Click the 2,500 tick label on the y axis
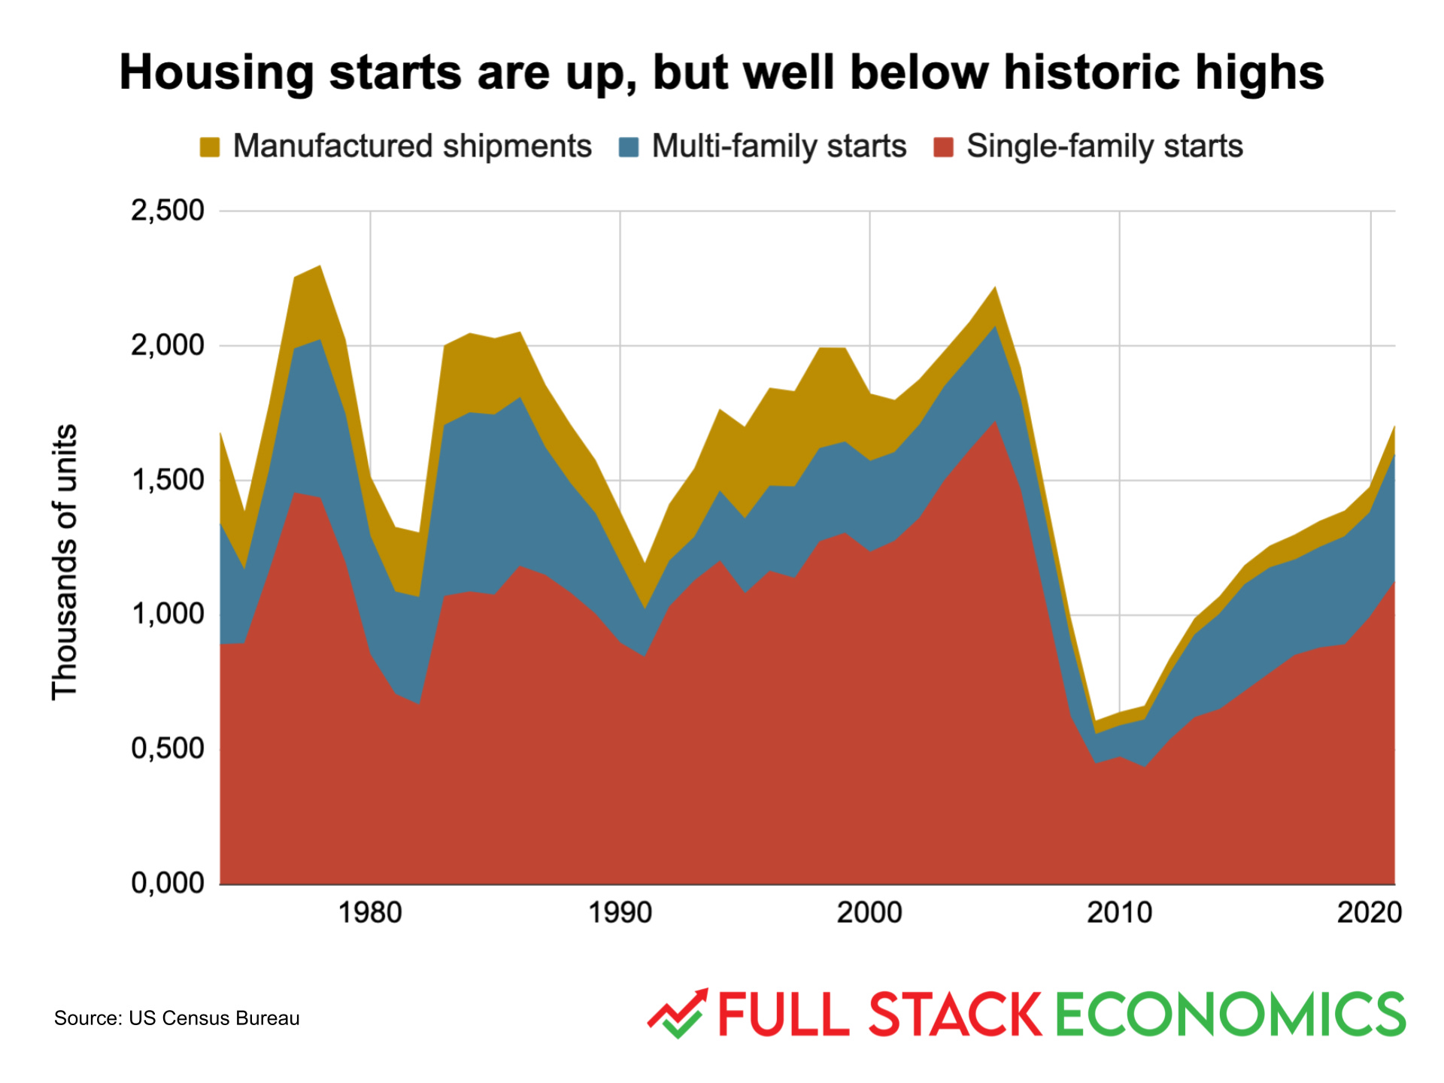pos(167,211)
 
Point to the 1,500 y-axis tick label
pos(167,480)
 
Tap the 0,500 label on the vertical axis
pos(167,749)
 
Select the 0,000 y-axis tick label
pos(167,883)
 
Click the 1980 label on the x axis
pos(369,913)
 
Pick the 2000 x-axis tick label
pos(869,913)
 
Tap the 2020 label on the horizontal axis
pos(1369,913)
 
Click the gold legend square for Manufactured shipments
pos(210,147)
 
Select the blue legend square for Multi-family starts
pos(628,147)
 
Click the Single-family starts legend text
pos(1104,147)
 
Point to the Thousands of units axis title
pos(65,563)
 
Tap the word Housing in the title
pos(217,73)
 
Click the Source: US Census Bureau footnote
pos(177,1018)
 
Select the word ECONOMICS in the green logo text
pos(1230,1015)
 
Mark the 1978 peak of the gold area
pos(320,267)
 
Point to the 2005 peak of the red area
pos(995,422)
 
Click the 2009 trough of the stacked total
pos(1096,721)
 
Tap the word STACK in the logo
pos(955,1015)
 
